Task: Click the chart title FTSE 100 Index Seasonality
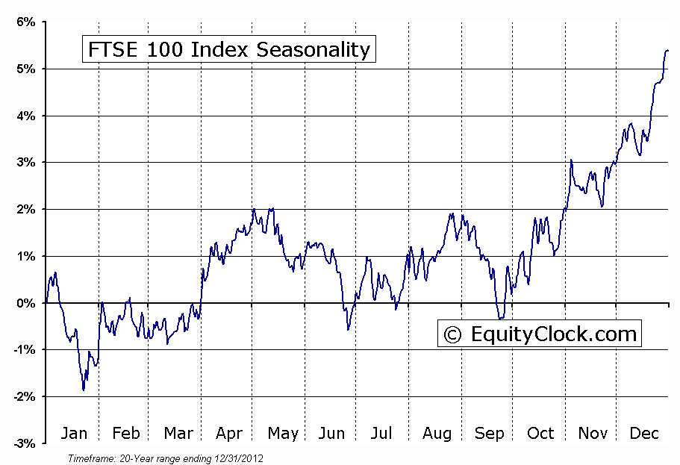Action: [229, 50]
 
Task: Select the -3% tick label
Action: [23, 443]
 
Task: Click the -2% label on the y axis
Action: [23, 396]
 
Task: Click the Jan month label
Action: [73, 434]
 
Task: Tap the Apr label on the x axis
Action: [230, 434]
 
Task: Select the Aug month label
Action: [436, 434]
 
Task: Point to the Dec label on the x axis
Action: [643, 434]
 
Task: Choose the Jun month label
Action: [332, 434]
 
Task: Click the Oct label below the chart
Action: [540, 434]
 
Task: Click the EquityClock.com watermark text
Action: [553, 334]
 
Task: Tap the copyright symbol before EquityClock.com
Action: [452, 334]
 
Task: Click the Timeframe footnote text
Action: [165, 458]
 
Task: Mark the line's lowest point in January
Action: [84, 390]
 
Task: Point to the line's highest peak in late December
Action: [666, 51]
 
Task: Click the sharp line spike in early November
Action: [571, 160]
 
